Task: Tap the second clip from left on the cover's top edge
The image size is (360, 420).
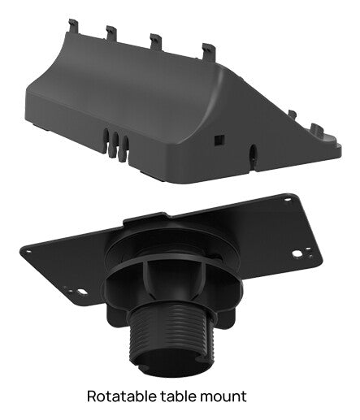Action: point(112,33)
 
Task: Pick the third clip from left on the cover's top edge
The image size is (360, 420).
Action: point(155,41)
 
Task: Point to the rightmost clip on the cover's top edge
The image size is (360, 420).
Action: point(208,51)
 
